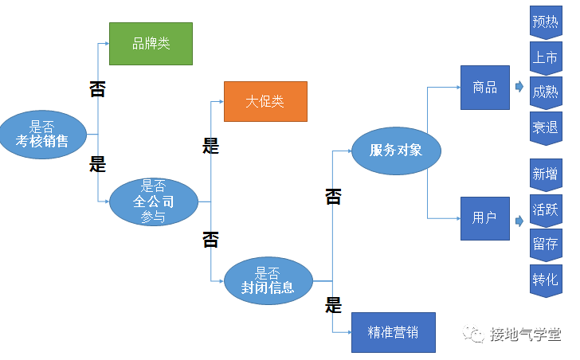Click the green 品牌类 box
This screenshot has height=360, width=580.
click(x=151, y=43)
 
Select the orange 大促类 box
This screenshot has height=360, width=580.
click(x=265, y=101)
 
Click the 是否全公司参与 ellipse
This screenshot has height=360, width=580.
click(x=153, y=202)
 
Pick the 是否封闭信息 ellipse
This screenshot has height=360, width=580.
click(x=268, y=280)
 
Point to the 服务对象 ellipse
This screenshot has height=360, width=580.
click(x=396, y=149)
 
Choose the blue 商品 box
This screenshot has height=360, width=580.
click(x=484, y=88)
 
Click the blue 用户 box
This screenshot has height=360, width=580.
click(x=484, y=217)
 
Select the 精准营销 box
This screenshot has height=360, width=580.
click(x=394, y=332)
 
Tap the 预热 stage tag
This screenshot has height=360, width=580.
click(x=545, y=22)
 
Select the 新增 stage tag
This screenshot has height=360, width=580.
click(x=545, y=174)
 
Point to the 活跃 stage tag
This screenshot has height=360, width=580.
click(x=545, y=209)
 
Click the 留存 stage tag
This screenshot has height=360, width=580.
click(x=545, y=245)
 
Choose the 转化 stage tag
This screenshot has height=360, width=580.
click(x=545, y=280)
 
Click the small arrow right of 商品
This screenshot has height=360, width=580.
click(x=519, y=87)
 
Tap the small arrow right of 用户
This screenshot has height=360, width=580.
click(x=519, y=217)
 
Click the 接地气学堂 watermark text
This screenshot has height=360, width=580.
click(x=525, y=334)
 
